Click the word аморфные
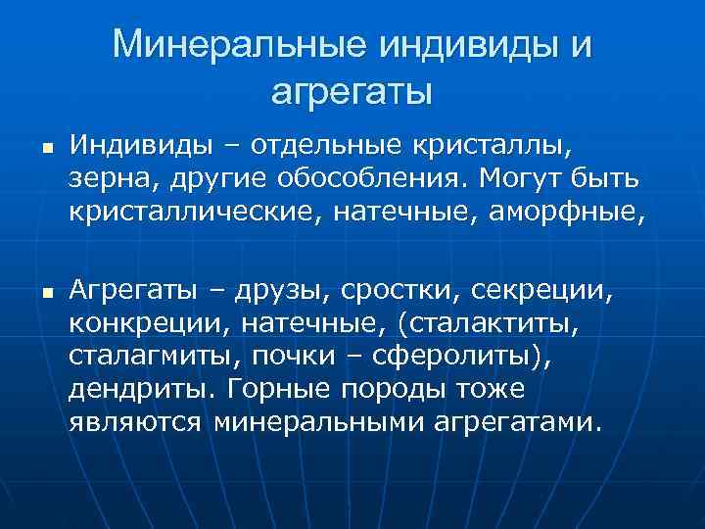(x=574, y=212)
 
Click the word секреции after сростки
(x=540, y=290)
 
